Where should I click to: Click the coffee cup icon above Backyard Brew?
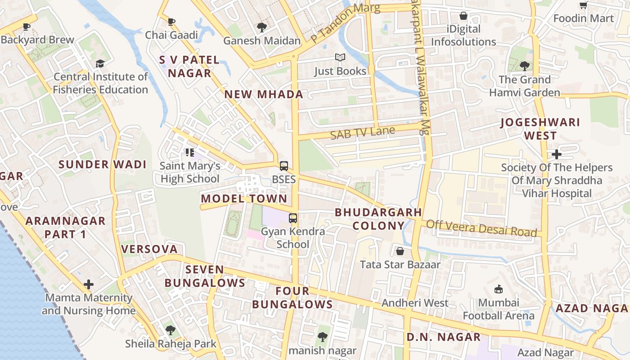coord(27,27)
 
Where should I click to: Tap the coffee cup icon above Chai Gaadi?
coord(171,22)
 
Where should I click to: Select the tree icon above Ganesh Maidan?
coord(261,27)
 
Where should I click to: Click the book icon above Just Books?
coord(340,58)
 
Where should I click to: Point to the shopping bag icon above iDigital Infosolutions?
coord(463,16)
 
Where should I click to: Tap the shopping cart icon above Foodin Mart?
coord(583,5)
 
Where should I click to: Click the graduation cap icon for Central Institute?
coord(100,64)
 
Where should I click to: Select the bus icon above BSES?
coord(283,166)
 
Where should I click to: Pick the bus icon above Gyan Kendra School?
coord(293,218)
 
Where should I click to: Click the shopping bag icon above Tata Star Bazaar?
coord(400,251)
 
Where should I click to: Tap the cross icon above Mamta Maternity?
coord(89,284)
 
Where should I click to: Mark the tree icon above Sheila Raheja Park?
coord(171,330)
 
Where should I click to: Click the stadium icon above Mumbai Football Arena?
coord(498,289)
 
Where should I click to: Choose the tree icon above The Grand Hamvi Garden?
coord(524,66)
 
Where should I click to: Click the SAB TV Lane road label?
coord(362,133)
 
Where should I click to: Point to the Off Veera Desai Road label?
coord(481,228)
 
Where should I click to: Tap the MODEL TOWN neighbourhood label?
coord(244,198)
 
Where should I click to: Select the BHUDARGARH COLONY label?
coord(378,219)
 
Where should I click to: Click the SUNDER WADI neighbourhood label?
coord(103,164)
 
